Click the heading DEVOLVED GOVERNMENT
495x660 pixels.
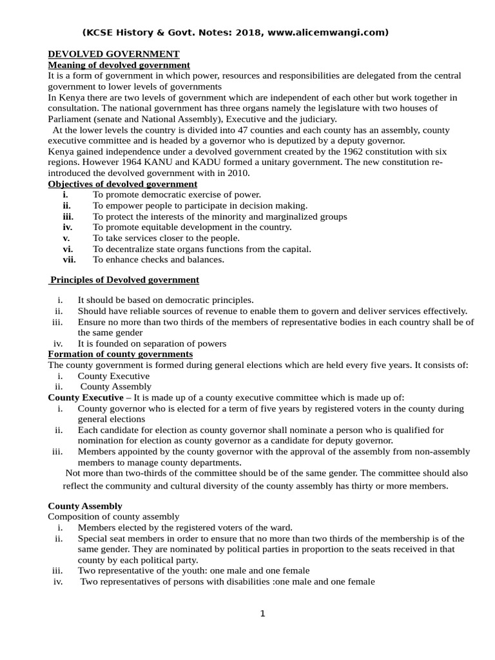(114, 53)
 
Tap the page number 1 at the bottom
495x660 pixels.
(262, 614)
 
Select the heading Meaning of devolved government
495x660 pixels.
(119, 64)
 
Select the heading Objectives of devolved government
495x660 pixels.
(122, 184)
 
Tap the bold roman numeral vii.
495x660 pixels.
(69, 260)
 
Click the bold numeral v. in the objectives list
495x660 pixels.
(66, 238)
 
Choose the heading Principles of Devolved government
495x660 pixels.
(124, 280)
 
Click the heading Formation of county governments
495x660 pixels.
(121, 354)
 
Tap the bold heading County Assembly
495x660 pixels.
(85, 506)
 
